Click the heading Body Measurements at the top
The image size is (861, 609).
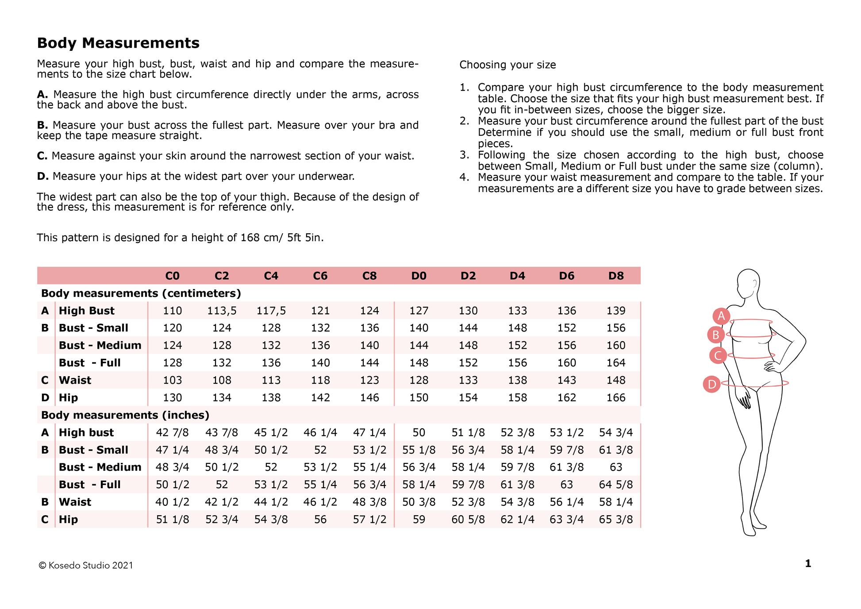[118, 43]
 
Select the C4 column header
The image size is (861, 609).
[271, 276]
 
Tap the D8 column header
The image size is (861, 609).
[616, 276]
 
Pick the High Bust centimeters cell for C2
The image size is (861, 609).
[222, 311]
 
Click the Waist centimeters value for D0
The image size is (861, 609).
[419, 380]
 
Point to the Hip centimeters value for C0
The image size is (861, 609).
[172, 397]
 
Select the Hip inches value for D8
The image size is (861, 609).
[616, 519]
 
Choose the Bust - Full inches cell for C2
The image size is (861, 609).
[222, 485]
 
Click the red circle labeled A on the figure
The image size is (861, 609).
[721, 316]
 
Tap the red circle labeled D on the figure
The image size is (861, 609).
[712, 384]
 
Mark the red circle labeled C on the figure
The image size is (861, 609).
[718, 355]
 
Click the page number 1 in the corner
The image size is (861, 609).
[808, 563]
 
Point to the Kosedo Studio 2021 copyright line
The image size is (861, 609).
[86, 565]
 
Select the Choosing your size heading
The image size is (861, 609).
[507, 65]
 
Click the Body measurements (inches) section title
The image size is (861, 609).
[125, 415]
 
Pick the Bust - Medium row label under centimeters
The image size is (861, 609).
[100, 345]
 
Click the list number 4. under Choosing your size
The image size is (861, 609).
[464, 177]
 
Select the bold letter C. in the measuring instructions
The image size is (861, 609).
[42, 156]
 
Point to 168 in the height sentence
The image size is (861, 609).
[250, 238]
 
